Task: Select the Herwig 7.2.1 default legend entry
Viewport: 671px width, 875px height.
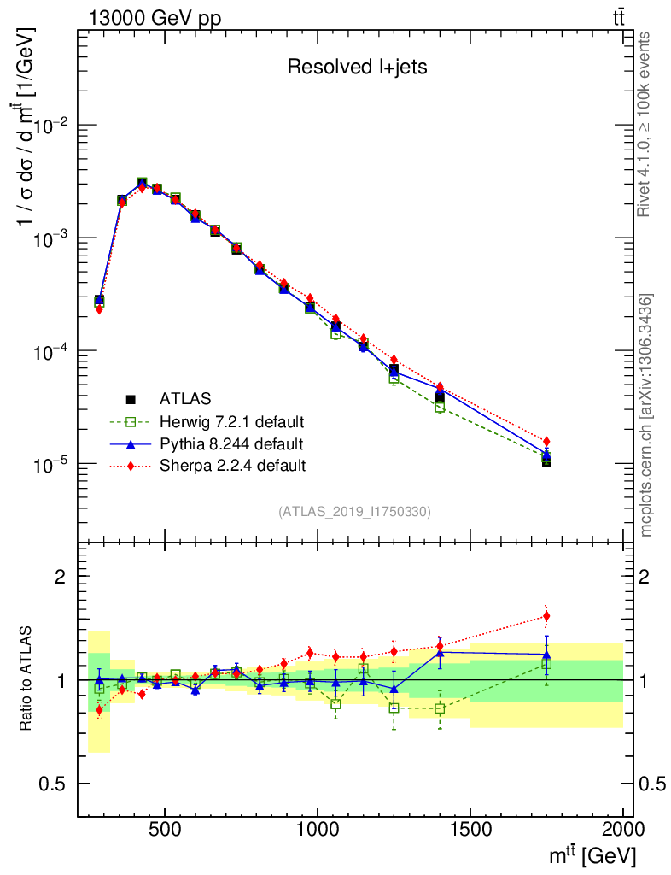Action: click(231, 421)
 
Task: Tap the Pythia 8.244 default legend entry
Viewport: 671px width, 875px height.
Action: click(230, 443)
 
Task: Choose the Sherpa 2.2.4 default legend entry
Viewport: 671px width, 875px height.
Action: click(232, 466)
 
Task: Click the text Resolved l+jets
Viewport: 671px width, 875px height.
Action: click(356, 68)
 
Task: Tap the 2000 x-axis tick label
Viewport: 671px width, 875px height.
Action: click(622, 828)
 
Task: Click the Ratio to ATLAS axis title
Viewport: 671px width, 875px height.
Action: click(28, 680)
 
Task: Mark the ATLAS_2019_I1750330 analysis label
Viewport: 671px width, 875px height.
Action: click(354, 512)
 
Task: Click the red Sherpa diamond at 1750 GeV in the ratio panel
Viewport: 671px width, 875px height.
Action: click(546, 616)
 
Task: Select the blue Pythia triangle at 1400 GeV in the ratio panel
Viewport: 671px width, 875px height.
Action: click(440, 653)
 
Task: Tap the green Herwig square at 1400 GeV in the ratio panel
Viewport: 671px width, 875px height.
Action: click(440, 708)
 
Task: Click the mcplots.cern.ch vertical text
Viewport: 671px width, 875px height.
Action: click(646, 414)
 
